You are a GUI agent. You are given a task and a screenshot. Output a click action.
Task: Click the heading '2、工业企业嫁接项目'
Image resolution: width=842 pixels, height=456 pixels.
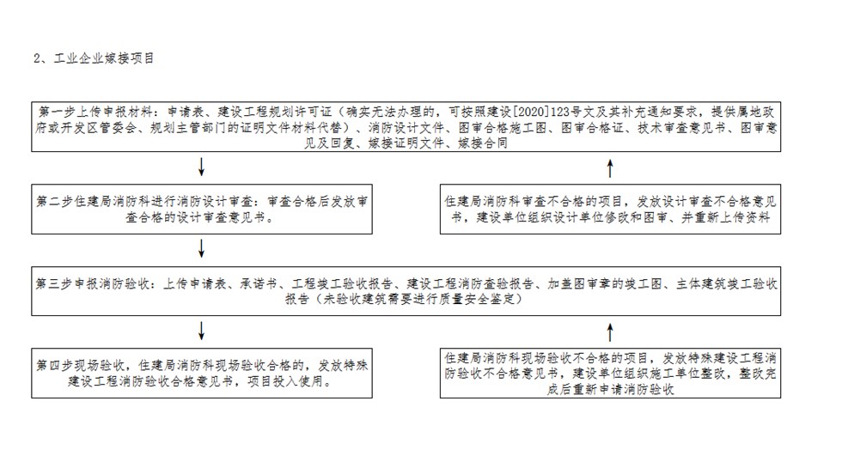[94, 58]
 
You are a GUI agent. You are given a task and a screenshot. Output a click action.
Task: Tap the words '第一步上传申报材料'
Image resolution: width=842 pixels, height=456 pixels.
[95, 112]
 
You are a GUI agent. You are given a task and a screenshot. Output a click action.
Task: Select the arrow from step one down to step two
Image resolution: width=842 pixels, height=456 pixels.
[201, 167]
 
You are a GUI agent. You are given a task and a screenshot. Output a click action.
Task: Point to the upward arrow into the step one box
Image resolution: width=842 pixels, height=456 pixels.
[609, 168]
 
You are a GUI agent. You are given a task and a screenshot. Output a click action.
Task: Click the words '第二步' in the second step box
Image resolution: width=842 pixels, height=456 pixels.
[54, 202]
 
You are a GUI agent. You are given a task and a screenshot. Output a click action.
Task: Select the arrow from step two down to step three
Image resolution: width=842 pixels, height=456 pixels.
[201, 248]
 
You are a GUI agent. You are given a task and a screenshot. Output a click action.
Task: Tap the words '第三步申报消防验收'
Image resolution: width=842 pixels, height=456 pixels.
[94, 283]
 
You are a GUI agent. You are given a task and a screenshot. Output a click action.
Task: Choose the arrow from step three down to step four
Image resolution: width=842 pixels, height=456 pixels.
[201, 331]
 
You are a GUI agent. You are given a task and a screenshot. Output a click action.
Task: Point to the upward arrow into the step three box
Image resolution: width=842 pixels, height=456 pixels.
[609, 332]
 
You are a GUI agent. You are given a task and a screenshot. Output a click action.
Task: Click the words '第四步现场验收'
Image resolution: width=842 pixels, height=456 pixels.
[81, 366]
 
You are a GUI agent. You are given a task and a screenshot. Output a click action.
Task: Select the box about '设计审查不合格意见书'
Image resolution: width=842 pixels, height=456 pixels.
[610, 210]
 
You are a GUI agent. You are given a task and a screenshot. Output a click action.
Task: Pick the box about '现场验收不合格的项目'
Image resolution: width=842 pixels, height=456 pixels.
[610, 374]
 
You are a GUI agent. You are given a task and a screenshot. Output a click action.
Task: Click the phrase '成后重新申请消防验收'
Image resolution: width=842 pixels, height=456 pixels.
[610, 390]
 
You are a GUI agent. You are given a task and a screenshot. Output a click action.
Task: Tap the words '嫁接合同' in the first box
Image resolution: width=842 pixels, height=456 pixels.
[483, 143]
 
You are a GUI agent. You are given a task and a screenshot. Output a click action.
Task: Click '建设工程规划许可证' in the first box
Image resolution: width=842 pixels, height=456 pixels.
[275, 112]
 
